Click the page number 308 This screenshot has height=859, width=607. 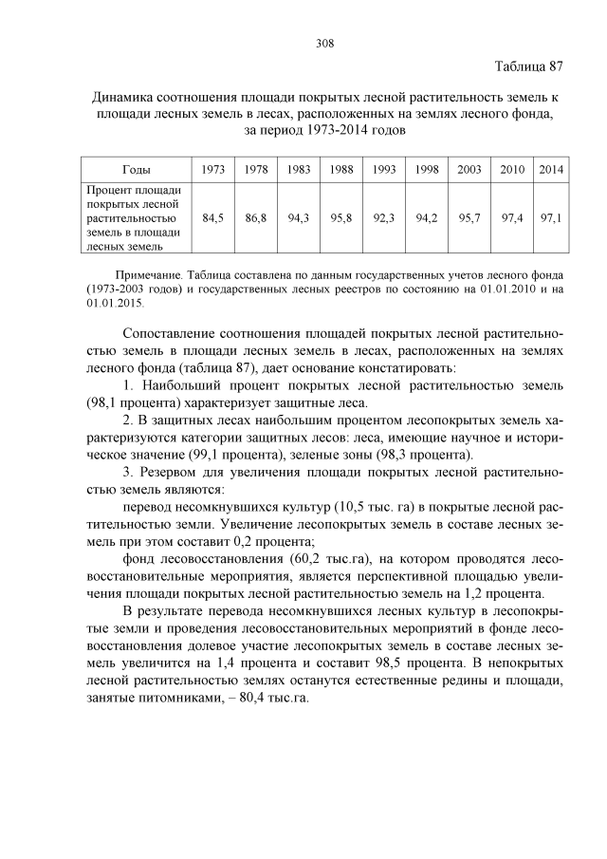coord(322,43)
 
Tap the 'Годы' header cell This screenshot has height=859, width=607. coord(137,169)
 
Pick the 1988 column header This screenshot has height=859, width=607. coord(341,169)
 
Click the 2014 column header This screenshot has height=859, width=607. coord(551,169)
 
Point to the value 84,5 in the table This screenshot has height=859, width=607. coord(213,217)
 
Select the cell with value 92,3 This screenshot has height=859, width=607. coord(384,217)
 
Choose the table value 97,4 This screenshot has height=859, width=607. coord(512,217)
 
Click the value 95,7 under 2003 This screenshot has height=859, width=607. coord(469,217)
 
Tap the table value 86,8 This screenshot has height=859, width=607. coord(256,217)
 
